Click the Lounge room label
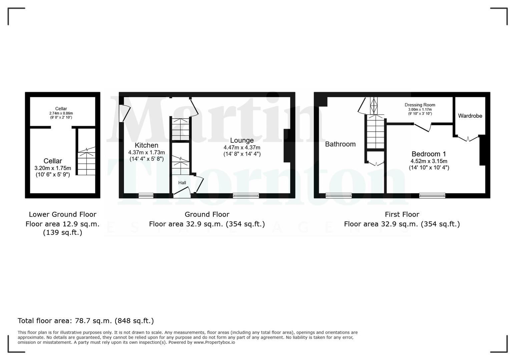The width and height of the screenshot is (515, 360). pyautogui.click(x=242, y=140)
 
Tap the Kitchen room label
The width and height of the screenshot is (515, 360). pyautogui.click(x=146, y=145)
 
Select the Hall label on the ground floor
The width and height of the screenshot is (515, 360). pyautogui.click(x=182, y=183)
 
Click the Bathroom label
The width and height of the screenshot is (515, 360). pyautogui.click(x=340, y=144)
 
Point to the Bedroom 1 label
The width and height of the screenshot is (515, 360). pyautogui.click(x=429, y=154)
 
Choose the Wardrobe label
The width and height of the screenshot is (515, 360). pyautogui.click(x=470, y=116)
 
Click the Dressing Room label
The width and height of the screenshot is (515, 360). pyautogui.click(x=420, y=105)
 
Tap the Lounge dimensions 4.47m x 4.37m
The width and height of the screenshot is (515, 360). pyautogui.click(x=242, y=147)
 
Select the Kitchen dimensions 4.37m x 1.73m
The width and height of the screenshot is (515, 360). pyautogui.click(x=146, y=152)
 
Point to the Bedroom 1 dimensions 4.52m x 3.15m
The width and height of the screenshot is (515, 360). pyautogui.click(x=429, y=161)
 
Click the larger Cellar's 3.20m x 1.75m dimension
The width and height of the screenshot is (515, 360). pyautogui.click(x=53, y=168)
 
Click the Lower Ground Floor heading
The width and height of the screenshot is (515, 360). pyautogui.click(x=62, y=214)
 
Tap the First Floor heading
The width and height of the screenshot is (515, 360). pyautogui.click(x=402, y=214)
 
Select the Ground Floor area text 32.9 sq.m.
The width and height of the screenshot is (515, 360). pyautogui.click(x=207, y=224)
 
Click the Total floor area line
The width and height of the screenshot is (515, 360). pyautogui.click(x=86, y=321)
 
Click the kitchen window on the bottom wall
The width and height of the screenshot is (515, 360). pyautogui.click(x=146, y=196)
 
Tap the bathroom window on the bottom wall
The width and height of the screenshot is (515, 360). pyautogui.click(x=339, y=196)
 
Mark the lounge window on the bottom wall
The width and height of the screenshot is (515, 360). pyautogui.click(x=246, y=196)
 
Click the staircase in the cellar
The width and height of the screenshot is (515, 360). pyautogui.click(x=86, y=162)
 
